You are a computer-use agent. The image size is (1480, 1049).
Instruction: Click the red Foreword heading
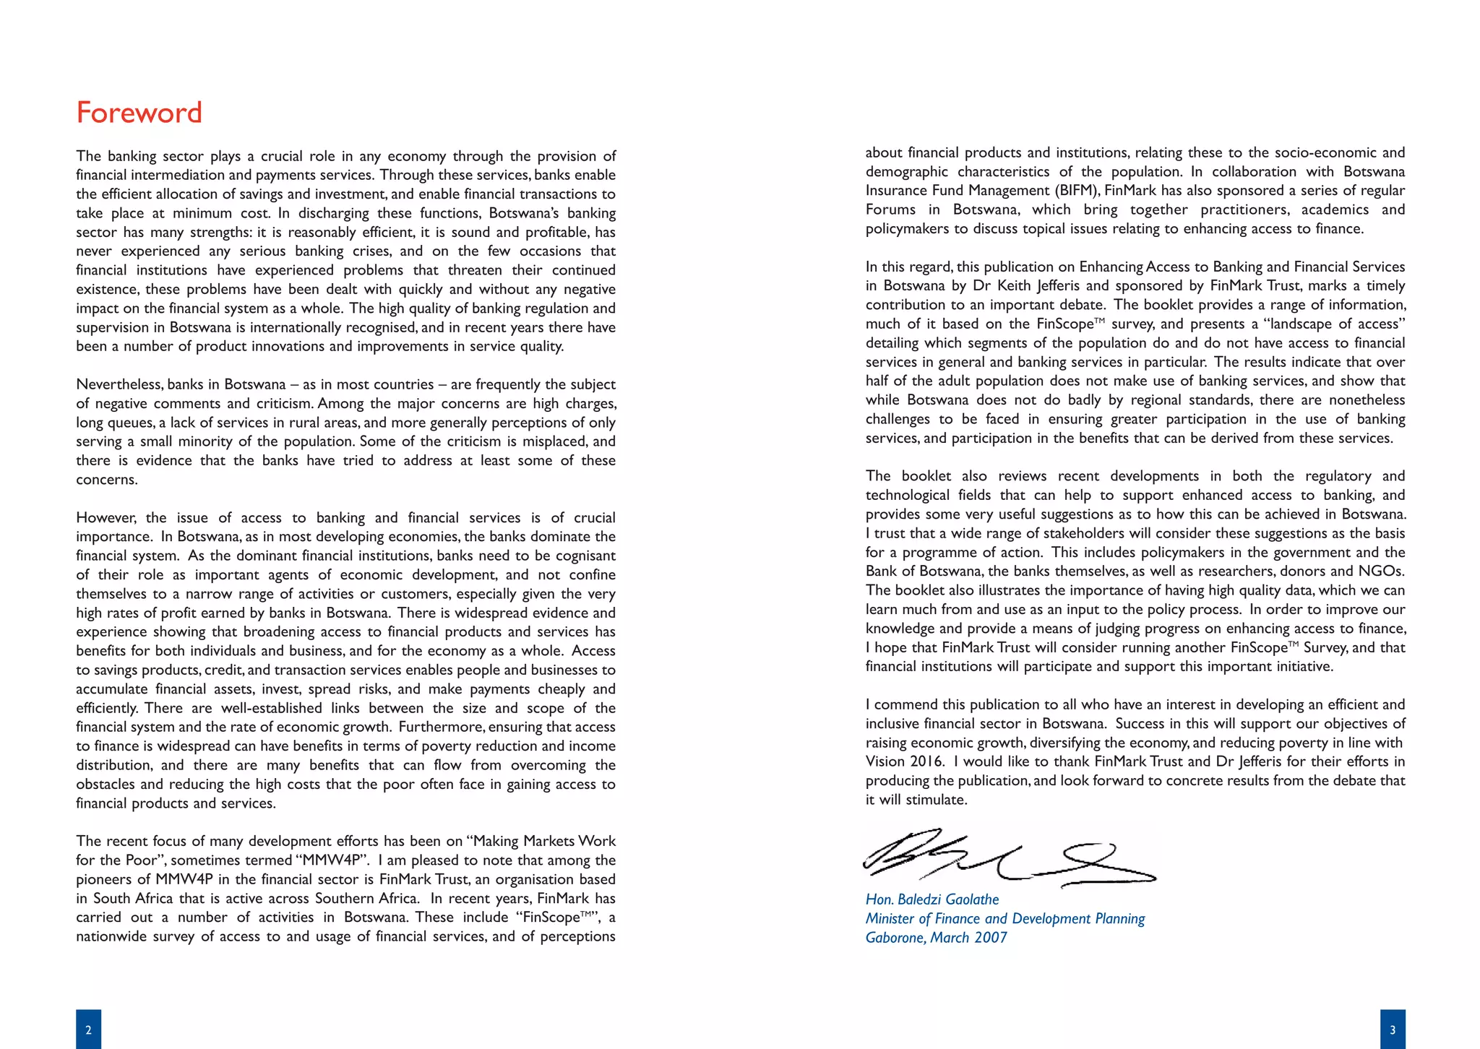tap(139, 113)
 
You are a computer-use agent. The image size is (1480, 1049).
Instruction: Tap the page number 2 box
tap(88, 1029)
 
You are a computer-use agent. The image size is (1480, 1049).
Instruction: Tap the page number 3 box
tap(1392, 1029)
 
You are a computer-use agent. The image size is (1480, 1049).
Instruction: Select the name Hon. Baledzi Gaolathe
tap(932, 899)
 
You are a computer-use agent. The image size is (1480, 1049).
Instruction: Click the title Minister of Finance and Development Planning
tap(1004, 919)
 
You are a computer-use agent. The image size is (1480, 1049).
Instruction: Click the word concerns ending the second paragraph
tap(106, 480)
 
